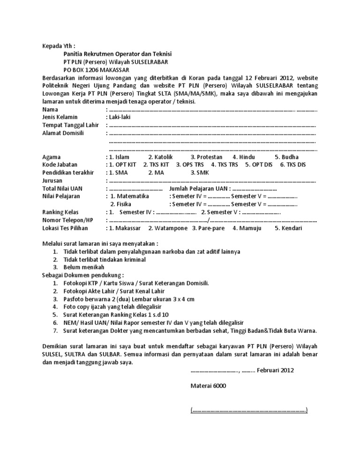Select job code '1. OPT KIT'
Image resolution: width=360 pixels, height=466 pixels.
(x=123, y=165)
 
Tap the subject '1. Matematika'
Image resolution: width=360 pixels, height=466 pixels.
(x=129, y=196)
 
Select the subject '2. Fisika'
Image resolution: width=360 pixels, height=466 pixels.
(x=120, y=204)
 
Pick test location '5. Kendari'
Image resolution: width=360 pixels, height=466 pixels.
(x=289, y=228)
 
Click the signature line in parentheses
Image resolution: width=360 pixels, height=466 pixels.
(x=249, y=410)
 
